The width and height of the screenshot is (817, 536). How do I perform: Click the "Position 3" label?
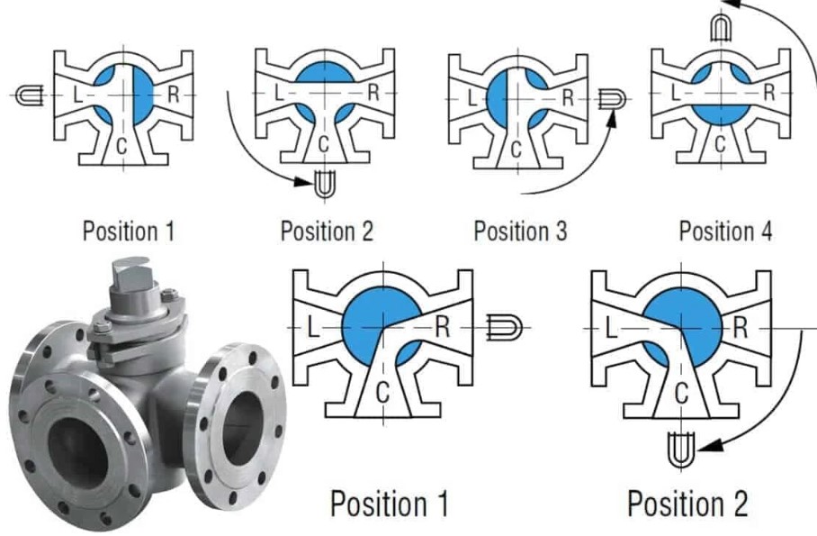(x=520, y=231)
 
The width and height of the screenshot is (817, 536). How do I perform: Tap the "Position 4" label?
(x=725, y=231)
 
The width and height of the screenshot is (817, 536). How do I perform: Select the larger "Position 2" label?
(x=687, y=504)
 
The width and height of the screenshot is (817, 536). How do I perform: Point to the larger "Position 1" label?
(x=390, y=504)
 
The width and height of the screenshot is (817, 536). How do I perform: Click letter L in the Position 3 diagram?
(x=472, y=98)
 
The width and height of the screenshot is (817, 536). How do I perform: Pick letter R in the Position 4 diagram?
(x=769, y=93)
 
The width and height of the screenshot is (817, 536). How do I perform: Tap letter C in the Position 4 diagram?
(x=720, y=143)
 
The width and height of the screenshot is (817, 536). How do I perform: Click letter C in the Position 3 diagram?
(x=516, y=150)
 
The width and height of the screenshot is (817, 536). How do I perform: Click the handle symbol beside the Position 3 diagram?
(x=612, y=98)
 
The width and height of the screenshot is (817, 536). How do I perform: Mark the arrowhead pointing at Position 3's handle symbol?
(x=613, y=118)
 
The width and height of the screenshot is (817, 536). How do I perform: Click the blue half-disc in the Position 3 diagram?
(x=498, y=98)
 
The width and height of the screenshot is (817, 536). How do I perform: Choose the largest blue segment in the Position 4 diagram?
(x=721, y=114)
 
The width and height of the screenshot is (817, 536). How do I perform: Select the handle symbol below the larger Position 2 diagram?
(x=681, y=450)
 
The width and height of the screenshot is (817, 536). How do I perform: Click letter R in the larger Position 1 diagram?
(x=443, y=327)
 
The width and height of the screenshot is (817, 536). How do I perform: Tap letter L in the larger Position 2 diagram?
(x=612, y=328)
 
